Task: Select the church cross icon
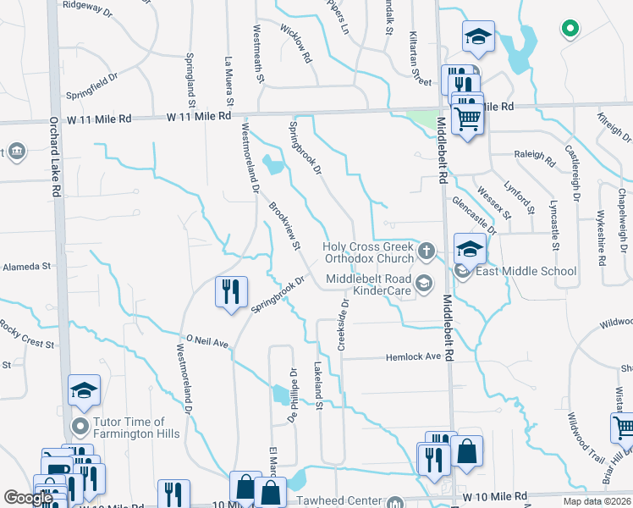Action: pyautogui.click(x=426, y=249)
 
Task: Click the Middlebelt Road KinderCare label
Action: pyautogui.click(x=369, y=284)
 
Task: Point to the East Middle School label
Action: pyautogui.click(x=526, y=271)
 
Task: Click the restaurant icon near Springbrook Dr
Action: pyautogui.click(x=231, y=291)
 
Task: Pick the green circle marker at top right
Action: pyautogui.click(x=570, y=29)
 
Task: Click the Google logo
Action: pyautogui.click(x=29, y=498)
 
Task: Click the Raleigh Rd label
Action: pyautogui.click(x=534, y=156)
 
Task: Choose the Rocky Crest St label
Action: pyautogui.click(x=27, y=334)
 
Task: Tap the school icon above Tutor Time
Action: pyautogui.click(x=84, y=389)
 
